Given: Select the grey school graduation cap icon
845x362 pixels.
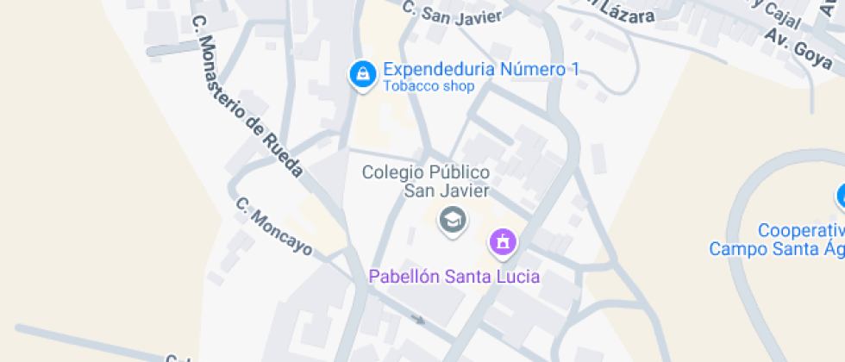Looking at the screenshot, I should (x=452, y=220).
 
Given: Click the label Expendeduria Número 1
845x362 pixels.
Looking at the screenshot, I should (x=480, y=70).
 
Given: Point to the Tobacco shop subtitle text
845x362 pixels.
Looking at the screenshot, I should (x=429, y=86).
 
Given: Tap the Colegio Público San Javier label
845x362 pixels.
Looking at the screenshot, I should (x=426, y=181).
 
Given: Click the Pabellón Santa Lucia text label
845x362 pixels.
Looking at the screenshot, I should (x=454, y=277).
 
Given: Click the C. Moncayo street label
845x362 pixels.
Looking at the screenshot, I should (x=273, y=227).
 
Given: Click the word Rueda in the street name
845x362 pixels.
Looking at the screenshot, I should (x=284, y=155).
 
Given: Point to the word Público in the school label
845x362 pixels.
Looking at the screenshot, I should (x=460, y=172).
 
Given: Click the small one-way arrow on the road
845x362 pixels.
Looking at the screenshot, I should (x=417, y=320).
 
